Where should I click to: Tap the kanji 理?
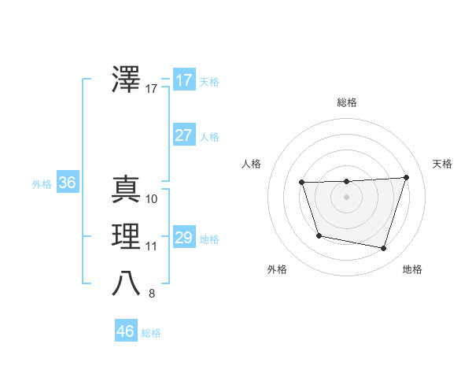click(127, 236)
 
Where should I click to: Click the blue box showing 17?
click(183, 80)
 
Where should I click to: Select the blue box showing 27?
click(183, 135)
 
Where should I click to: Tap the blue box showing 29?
click(183, 237)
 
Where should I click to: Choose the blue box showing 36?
click(67, 183)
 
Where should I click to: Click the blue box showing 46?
click(125, 331)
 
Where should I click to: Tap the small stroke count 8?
click(152, 294)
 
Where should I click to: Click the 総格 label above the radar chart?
click(347, 102)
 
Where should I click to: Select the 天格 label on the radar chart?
click(443, 164)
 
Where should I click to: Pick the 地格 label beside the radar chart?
click(412, 269)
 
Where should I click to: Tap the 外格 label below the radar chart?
click(277, 269)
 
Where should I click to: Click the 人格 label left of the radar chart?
click(251, 164)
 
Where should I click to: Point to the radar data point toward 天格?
click(406, 177)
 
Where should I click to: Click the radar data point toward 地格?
click(383, 249)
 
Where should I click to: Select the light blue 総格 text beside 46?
click(151, 333)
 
